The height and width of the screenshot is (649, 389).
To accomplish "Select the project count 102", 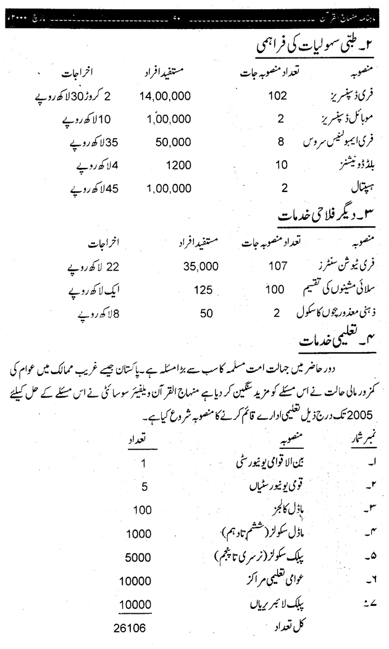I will (277, 97).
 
